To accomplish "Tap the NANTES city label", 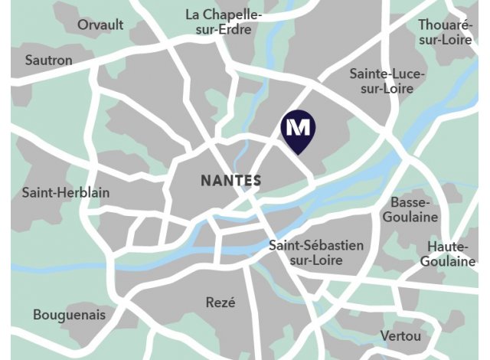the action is [x=230, y=182].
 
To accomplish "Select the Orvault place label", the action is [x=100, y=25].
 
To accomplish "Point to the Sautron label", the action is [x=49, y=60].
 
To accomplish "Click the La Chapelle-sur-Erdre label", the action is [x=224, y=23].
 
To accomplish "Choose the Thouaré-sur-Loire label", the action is [x=446, y=32].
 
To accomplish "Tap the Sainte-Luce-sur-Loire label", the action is [x=381, y=81].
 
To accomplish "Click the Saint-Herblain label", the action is [x=66, y=192].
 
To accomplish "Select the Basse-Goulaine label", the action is [x=414, y=209].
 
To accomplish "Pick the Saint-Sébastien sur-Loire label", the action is [x=316, y=253].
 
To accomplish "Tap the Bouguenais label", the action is [x=70, y=315].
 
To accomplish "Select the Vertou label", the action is [x=400, y=336].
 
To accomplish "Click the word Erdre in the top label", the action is [x=244, y=31].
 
